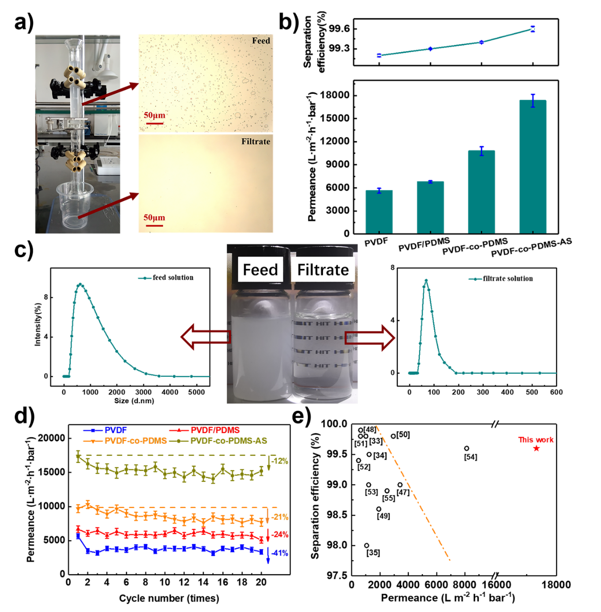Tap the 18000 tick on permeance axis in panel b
[335, 96]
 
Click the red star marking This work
[536, 448]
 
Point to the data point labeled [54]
[466, 448]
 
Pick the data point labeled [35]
[367, 545]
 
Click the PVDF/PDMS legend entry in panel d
[215, 430]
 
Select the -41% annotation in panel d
[279, 553]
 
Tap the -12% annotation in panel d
[279, 461]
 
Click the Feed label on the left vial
[260, 270]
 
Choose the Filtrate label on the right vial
[323, 270]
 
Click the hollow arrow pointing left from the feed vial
[206, 337]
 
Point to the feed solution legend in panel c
[172, 278]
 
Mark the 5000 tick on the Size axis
[197, 392]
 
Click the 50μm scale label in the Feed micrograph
[154, 115]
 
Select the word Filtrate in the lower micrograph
[256, 142]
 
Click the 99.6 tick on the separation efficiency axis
[339, 29]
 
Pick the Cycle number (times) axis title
[169, 598]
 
